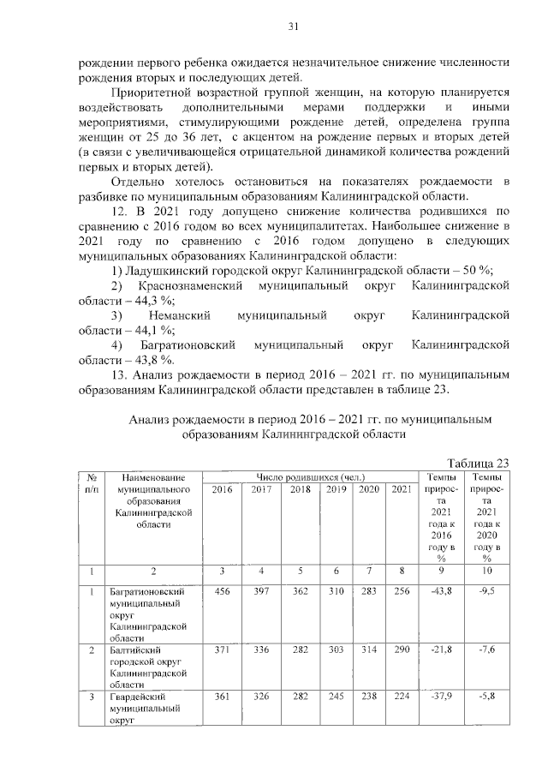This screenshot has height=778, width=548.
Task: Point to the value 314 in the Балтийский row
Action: pyautogui.click(x=368, y=652)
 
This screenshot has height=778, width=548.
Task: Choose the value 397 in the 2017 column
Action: pyautogui.click(x=261, y=591)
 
